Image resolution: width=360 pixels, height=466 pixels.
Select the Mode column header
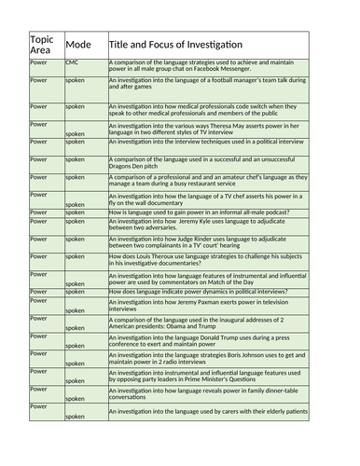coord(79,44)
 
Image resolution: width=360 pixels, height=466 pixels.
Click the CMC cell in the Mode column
coord(72,62)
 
